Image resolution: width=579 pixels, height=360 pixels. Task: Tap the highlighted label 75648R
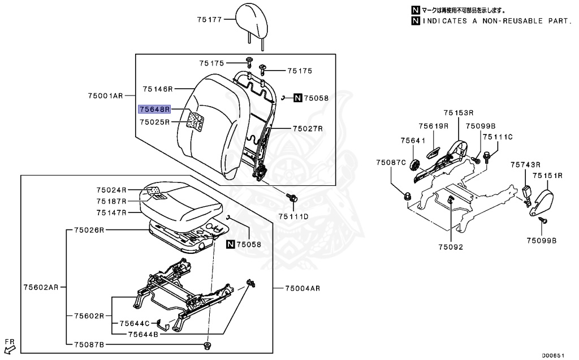154,109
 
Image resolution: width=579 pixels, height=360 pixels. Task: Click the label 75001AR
105,96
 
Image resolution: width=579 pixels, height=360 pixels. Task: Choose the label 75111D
293,216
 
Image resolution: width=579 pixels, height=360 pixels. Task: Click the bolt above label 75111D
293,198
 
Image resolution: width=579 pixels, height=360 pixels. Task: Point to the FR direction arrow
10,346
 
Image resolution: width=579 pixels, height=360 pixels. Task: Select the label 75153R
458,113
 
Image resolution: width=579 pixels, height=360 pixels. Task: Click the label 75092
450,247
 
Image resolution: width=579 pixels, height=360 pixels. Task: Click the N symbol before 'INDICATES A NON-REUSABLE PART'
416,21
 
